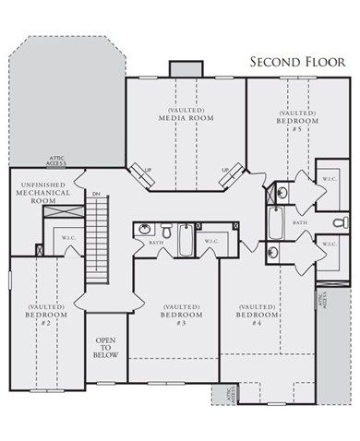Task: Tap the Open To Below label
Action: click(x=105, y=353)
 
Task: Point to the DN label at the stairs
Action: click(x=95, y=194)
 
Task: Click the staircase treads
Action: click(x=96, y=244)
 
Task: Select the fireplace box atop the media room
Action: click(x=185, y=70)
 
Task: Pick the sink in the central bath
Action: click(x=145, y=228)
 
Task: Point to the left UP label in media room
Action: click(x=146, y=170)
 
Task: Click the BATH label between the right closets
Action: click(x=301, y=222)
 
